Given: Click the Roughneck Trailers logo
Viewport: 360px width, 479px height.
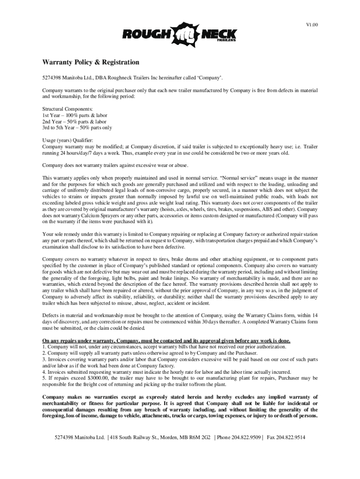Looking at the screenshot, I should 180,35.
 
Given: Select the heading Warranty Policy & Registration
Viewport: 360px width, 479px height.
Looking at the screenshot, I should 91,62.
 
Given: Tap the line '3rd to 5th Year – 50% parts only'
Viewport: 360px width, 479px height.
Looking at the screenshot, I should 77,127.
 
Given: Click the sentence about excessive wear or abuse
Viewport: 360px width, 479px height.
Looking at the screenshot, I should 115,165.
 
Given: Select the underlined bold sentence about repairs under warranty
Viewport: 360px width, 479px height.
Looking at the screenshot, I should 166,341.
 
